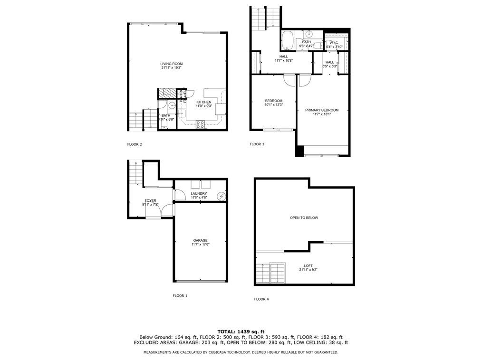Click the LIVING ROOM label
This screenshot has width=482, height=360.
point(171,64)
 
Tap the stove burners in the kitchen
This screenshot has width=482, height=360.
point(201,124)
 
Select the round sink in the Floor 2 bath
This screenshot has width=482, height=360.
point(171,105)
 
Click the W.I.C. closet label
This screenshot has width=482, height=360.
point(333,43)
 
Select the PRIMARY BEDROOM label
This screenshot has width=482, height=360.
point(322,110)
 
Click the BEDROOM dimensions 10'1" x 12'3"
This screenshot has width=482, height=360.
point(274,105)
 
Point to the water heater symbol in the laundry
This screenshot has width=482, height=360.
point(221,195)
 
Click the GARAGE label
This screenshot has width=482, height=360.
point(200,240)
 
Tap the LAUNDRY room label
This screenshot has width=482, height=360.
point(199,193)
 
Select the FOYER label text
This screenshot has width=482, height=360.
point(150,200)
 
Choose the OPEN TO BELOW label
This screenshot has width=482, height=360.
point(304,218)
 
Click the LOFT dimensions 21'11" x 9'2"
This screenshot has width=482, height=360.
point(308,270)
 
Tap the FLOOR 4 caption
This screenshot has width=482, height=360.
point(261,299)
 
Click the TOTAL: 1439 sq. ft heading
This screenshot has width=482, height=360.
point(241,331)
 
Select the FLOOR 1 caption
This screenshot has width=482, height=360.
point(180,295)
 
